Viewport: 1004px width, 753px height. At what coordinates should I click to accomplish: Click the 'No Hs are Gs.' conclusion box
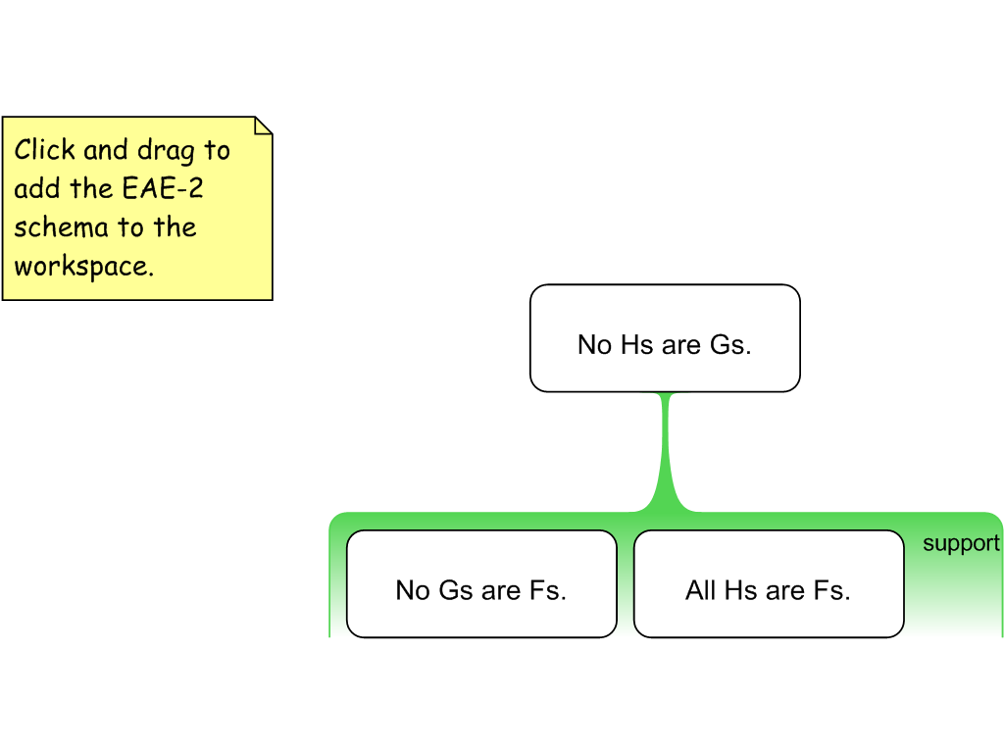coord(665,338)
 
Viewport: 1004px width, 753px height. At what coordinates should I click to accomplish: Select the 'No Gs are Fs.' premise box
coord(481,584)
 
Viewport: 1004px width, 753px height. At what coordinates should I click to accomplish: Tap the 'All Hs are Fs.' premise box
coord(768,584)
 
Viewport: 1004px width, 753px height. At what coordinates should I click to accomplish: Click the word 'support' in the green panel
coord(961,544)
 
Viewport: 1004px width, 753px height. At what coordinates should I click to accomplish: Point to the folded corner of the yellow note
coord(263,125)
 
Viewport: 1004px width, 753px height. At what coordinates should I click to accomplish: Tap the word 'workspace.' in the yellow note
coord(83,267)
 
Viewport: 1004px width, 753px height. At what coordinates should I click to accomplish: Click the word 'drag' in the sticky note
coord(167,151)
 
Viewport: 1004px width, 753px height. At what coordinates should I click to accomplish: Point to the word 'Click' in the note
coord(44,150)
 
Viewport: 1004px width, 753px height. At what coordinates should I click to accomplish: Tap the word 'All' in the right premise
coord(701,590)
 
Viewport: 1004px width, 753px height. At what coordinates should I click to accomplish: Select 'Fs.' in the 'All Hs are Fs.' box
coord(831,590)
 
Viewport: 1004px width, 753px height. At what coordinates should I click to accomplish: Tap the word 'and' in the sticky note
coord(105,150)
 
